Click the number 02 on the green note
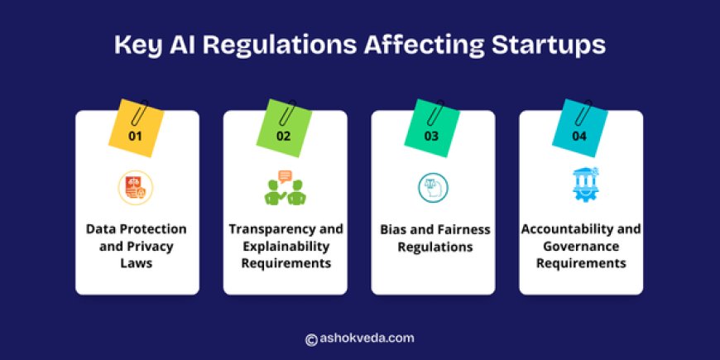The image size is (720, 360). coord(284,136)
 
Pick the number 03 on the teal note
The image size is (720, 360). coord(431,136)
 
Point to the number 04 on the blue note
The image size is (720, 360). coord(579,136)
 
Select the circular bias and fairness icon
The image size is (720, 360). coord(432,188)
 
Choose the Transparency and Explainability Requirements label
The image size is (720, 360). coord(284,245)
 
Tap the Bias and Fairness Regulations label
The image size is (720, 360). coord(432,237)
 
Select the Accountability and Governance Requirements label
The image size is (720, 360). coord(580,245)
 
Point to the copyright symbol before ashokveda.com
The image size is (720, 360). coord(311,338)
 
